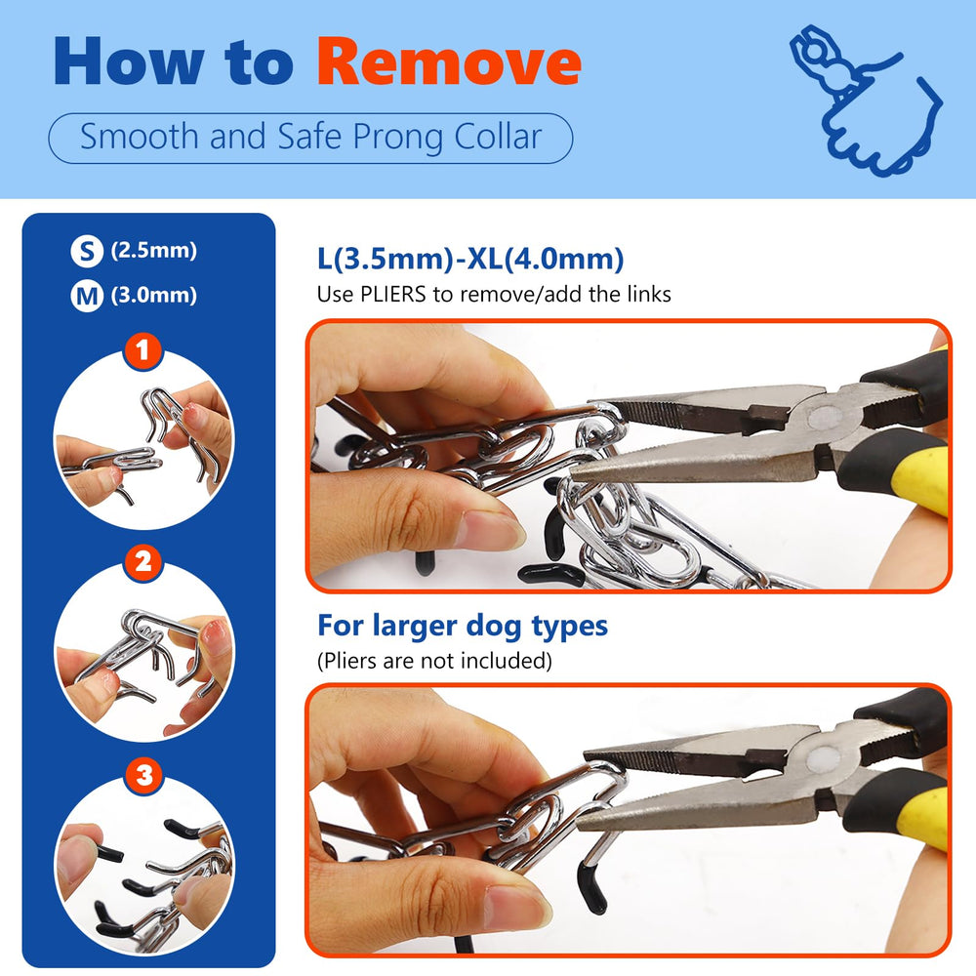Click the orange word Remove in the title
pos(449,61)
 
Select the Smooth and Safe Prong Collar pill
pos(310,138)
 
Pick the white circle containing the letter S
pos(87,252)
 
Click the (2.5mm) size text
pos(153,251)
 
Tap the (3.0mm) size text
pos(153,296)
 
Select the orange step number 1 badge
pos(144,352)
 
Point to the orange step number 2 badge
pos(144,562)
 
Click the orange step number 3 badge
pos(144,776)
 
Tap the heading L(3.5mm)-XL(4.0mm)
pos(470,260)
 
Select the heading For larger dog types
pos(463,625)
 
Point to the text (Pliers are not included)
pos(434,661)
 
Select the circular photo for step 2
pos(144,652)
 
